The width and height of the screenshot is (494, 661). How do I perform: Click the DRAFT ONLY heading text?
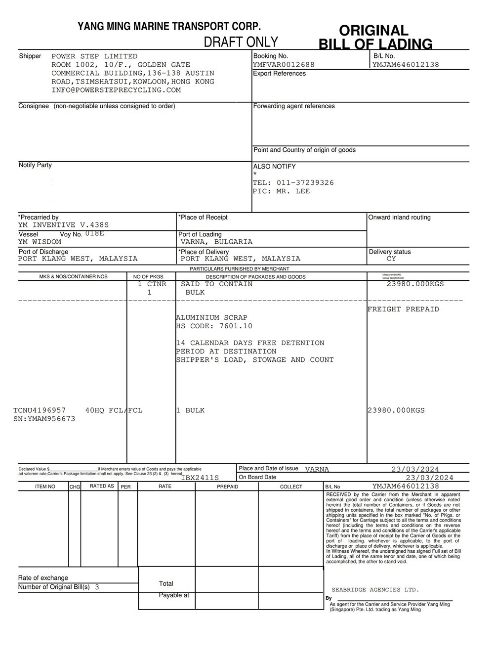[x=241, y=42]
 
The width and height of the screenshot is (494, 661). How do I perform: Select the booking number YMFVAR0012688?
[x=284, y=65]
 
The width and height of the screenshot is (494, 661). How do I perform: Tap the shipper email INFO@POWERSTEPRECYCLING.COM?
[x=116, y=90]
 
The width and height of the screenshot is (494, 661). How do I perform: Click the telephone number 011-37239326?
[x=305, y=183]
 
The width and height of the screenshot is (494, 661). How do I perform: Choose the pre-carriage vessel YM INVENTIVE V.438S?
[x=63, y=225]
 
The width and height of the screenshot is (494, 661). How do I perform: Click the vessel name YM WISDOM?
[x=40, y=242]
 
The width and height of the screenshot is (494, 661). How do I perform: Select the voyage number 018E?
[x=94, y=233]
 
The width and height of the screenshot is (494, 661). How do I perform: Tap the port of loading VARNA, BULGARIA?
[x=216, y=242]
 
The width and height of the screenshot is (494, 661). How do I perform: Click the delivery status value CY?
[x=391, y=259]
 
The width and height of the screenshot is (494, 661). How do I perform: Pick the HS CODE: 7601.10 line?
[x=214, y=326]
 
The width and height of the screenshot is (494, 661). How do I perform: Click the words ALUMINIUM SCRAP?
[x=211, y=318]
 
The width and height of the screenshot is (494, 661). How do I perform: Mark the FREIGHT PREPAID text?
[x=403, y=309]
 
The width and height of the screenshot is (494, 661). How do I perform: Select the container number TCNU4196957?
[x=40, y=410]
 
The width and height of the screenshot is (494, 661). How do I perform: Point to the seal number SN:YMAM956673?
[x=44, y=419]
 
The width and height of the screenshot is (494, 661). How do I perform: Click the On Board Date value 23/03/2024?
[x=429, y=478]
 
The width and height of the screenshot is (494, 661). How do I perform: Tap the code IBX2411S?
[x=200, y=478]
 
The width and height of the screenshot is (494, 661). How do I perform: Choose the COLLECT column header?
[x=291, y=487]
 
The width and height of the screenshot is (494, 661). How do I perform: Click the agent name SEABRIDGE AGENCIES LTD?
[x=375, y=590]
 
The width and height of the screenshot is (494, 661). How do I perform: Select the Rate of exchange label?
[x=43, y=578]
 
